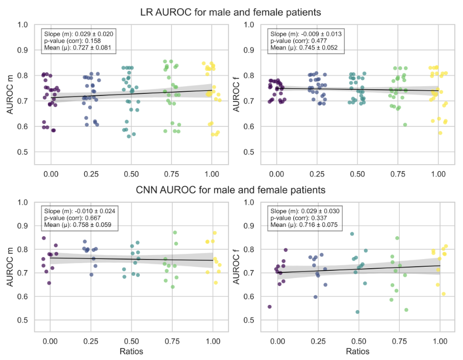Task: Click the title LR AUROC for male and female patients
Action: pyautogui.click(x=231, y=11)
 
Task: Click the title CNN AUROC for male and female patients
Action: pyautogui.click(x=231, y=191)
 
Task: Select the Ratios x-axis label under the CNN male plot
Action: pyautogui.click(x=131, y=351)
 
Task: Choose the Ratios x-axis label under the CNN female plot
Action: pyautogui.click(x=357, y=351)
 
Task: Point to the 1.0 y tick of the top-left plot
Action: pyautogui.click(x=23, y=24)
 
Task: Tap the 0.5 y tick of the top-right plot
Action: pyautogui.click(x=250, y=152)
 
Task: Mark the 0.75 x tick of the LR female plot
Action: pyautogui.click(x=397, y=173)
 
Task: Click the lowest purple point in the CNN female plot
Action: pyautogui.click(x=269, y=306)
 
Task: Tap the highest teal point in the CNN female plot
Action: pyautogui.click(x=352, y=234)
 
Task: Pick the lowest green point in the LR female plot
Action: pyautogui.click(x=405, y=124)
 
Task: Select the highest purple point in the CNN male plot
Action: pyautogui.click(x=44, y=238)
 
